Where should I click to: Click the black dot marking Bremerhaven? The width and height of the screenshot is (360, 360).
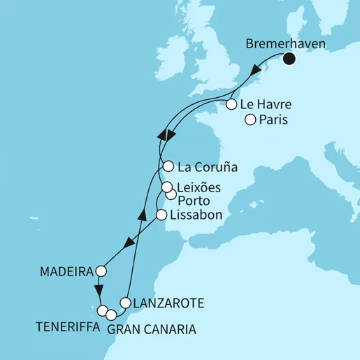click(x=289, y=59)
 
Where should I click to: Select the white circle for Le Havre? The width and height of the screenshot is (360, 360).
click(x=231, y=106)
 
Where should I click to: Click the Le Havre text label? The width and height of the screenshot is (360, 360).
click(x=266, y=106)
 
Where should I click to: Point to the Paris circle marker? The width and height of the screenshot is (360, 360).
click(x=250, y=120)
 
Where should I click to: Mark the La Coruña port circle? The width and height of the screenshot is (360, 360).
click(x=168, y=167)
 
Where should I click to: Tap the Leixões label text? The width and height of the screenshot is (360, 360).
click(x=199, y=188)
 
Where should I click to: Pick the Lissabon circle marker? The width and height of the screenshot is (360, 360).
click(x=161, y=215)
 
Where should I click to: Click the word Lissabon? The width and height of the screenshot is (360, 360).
click(x=196, y=215)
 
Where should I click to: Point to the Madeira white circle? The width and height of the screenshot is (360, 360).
click(x=101, y=271)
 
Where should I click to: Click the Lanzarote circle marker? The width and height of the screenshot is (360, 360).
click(x=125, y=303)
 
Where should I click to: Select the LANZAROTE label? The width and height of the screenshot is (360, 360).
click(x=168, y=303)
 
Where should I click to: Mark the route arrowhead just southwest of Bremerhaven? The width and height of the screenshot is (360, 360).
click(x=259, y=71)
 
